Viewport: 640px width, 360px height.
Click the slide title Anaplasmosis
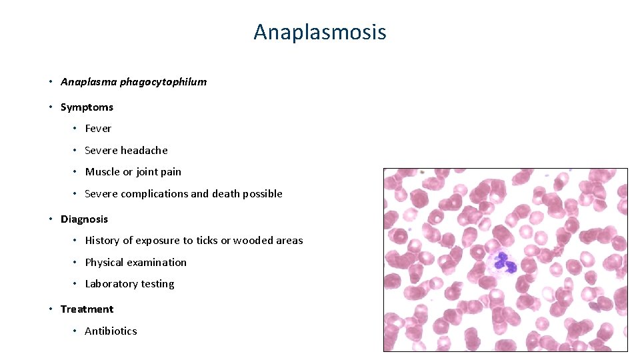tap(319, 31)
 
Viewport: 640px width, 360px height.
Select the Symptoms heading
tap(87, 107)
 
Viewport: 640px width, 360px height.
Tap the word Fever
tap(98, 129)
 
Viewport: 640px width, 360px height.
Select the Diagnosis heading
tap(84, 219)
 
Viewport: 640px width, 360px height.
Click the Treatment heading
tap(87, 309)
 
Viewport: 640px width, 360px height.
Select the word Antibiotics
tap(111, 331)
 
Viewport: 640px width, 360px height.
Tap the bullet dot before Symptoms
tap(51, 107)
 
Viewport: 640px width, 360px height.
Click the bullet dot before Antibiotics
tap(75, 331)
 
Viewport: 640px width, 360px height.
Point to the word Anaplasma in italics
tap(89, 82)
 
